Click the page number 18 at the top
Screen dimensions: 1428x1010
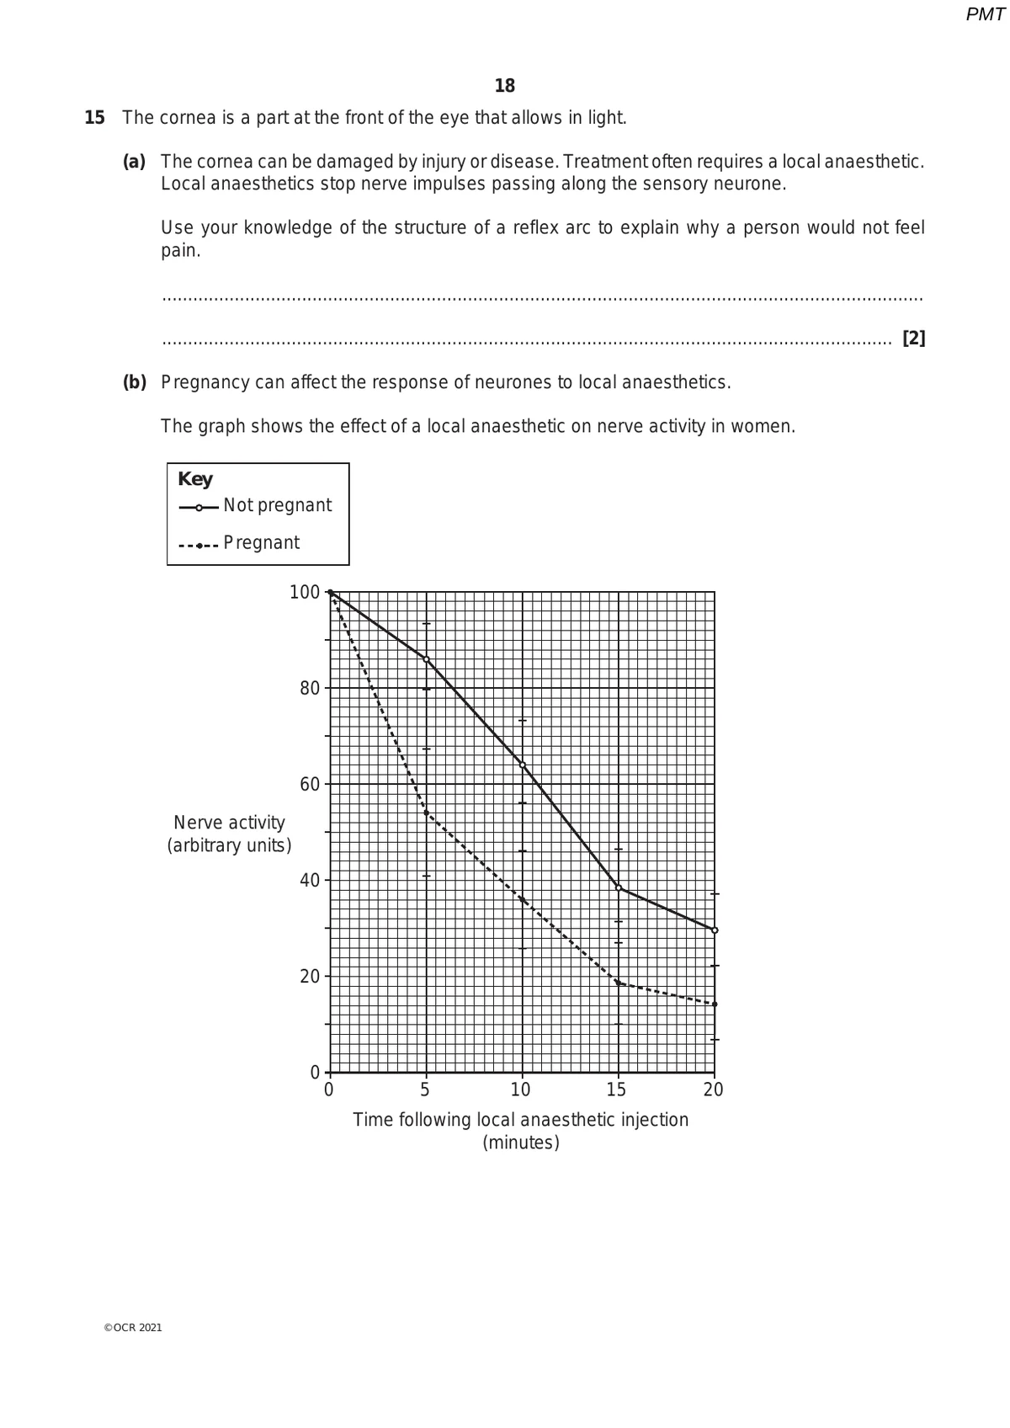[x=505, y=86]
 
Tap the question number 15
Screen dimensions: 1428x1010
[x=94, y=118]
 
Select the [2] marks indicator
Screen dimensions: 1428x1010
[x=913, y=338]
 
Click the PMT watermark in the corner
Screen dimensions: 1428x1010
[x=985, y=14]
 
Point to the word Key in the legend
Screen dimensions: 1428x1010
[x=195, y=479]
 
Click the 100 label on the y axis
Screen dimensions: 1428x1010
[x=304, y=593]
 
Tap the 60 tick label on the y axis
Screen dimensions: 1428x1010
[x=309, y=785]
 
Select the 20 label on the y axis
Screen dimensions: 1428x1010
[x=309, y=977]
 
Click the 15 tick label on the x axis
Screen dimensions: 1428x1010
[x=617, y=1090]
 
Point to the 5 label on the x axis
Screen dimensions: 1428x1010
[x=426, y=1090]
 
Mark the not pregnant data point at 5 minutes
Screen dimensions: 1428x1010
[x=426, y=659]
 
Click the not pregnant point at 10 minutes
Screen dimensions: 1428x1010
[x=522, y=765]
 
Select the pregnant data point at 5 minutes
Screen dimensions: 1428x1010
[x=426, y=813]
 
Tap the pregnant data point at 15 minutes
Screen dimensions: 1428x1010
[x=619, y=983]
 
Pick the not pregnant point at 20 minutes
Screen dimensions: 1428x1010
[x=715, y=930]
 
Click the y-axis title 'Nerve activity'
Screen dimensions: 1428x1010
[x=229, y=823]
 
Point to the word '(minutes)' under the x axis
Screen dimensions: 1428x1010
[x=520, y=1143]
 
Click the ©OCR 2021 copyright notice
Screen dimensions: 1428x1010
[x=133, y=1328]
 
